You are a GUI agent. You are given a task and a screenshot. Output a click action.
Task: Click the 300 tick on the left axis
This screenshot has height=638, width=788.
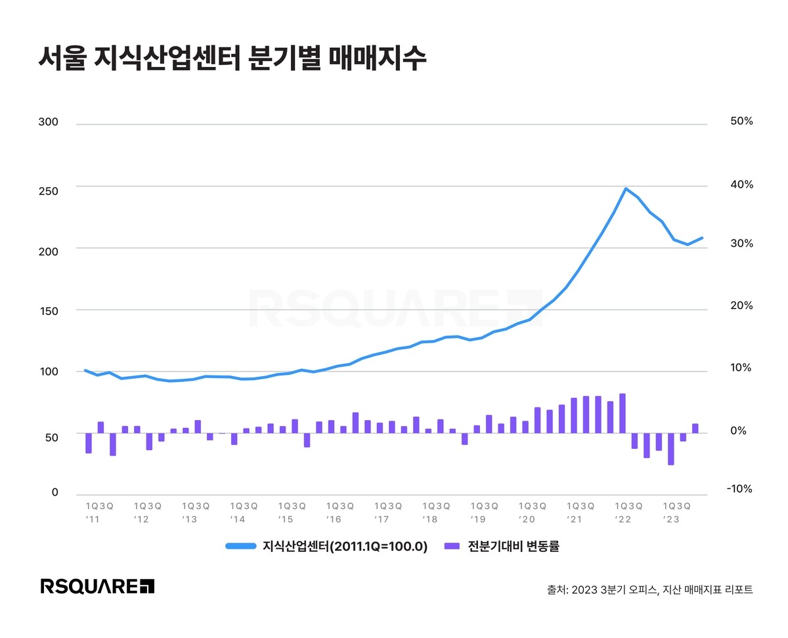49,123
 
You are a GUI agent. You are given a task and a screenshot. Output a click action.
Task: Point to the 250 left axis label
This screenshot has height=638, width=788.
49,191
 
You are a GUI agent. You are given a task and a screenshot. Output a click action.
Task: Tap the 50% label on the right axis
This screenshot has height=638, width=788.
740,122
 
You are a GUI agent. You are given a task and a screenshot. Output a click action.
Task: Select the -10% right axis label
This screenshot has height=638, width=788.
739,490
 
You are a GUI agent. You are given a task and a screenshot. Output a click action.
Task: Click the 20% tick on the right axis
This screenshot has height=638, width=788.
740,306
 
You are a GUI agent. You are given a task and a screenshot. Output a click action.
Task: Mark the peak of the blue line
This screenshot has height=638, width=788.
625,188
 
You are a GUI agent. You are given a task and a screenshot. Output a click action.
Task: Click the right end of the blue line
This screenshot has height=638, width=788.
702,238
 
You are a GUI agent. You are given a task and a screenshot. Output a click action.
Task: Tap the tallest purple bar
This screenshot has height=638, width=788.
623,414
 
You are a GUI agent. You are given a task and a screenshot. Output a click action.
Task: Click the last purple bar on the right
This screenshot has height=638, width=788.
695,429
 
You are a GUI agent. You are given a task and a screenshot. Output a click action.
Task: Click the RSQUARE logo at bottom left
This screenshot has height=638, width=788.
97,586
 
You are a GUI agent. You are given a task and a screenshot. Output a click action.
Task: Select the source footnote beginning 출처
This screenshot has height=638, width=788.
649,589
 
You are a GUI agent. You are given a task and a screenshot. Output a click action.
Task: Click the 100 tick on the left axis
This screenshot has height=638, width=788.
49,372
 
